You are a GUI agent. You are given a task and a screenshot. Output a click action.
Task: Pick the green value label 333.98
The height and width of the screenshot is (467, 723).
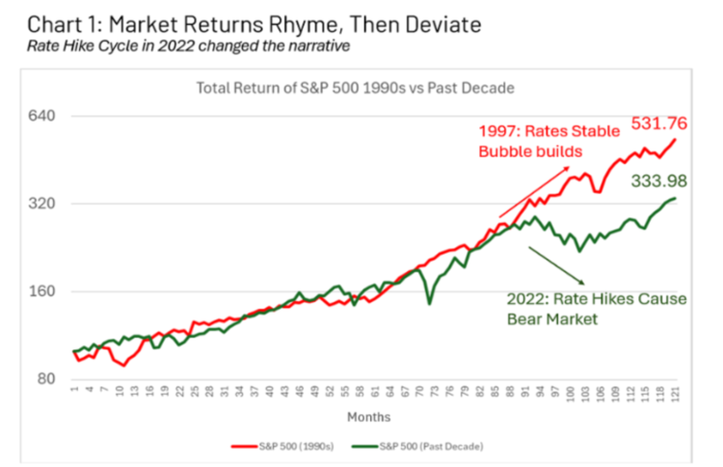click(x=659, y=179)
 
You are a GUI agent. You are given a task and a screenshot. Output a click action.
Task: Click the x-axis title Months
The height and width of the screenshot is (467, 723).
click(x=370, y=417)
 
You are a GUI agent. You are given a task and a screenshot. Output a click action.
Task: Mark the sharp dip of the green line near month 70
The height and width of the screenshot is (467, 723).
click(x=429, y=304)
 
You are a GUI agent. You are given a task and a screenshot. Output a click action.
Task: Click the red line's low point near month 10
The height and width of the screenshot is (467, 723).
click(x=122, y=365)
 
